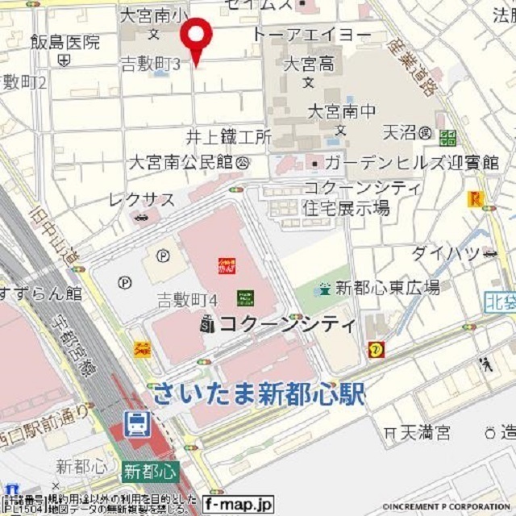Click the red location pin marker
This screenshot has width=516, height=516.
(x=195, y=36)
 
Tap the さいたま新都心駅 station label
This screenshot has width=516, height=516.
(x=258, y=394)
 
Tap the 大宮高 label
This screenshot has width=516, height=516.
(x=309, y=64)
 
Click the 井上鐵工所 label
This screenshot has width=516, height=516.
(x=229, y=136)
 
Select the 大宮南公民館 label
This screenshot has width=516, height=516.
(x=185, y=162)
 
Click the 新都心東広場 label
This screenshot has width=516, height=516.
(x=387, y=287)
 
